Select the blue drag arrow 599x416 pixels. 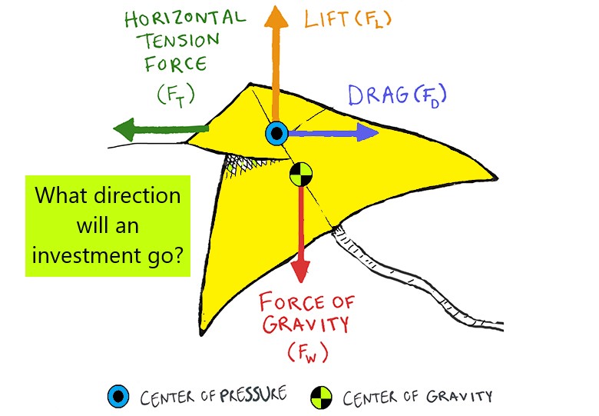coord(338,133)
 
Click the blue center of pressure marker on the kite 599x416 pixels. coord(276,134)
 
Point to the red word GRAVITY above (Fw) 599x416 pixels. coord(305,324)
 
